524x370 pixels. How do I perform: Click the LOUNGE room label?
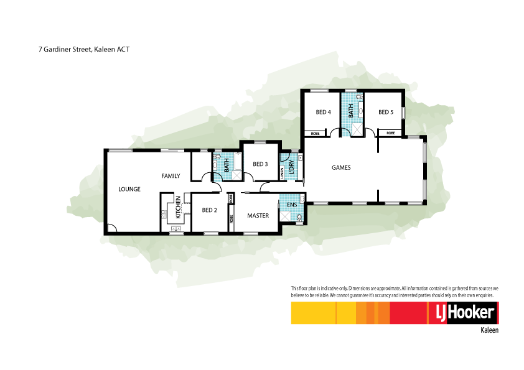coord(129,189)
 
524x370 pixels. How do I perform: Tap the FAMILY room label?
coord(171,176)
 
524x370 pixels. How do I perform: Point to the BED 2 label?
coord(209,210)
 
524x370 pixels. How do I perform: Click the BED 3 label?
coord(260,164)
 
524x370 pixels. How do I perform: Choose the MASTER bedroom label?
coord(258,216)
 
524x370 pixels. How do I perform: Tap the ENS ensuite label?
coord(291,204)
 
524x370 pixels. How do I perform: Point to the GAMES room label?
coord(341,168)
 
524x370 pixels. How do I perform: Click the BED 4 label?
coord(323,113)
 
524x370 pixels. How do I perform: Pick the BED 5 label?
coord(386,113)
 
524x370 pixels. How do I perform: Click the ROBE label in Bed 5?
coord(390,133)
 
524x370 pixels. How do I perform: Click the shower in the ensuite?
coord(286,216)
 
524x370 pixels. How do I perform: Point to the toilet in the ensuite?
coord(300,218)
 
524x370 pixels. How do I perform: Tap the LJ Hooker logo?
coord(462,313)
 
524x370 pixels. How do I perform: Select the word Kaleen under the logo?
coord(489,331)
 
